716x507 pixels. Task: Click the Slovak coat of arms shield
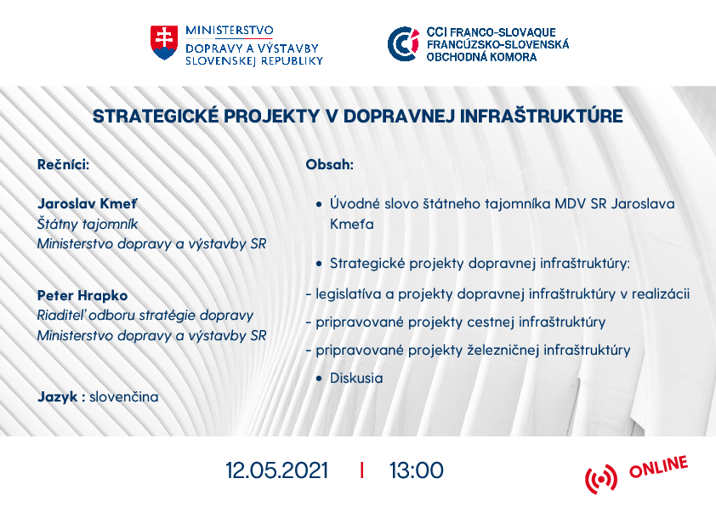click(164, 43)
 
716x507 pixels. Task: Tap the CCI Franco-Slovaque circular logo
click(403, 44)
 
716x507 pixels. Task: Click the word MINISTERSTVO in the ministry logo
click(230, 31)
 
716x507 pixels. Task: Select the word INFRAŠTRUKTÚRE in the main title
click(541, 116)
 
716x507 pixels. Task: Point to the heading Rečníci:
click(63, 164)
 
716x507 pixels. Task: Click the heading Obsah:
click(329, 164)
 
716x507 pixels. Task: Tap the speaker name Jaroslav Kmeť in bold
click(87, 203)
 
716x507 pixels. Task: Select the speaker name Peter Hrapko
click(82, 295)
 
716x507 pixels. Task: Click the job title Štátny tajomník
click(88, 224)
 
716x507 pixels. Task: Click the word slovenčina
click(124, 396)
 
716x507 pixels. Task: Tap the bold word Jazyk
click(58, 397)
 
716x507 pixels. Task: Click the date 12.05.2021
click(276, 470)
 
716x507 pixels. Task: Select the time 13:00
click(416, 470)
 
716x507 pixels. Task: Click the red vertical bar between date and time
click(361, 470)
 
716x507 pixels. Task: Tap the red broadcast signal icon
click(601, 479)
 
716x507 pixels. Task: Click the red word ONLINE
click(658, 466)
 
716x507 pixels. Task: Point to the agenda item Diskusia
click(356, 379)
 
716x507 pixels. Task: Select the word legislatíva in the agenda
click(349, 293)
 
